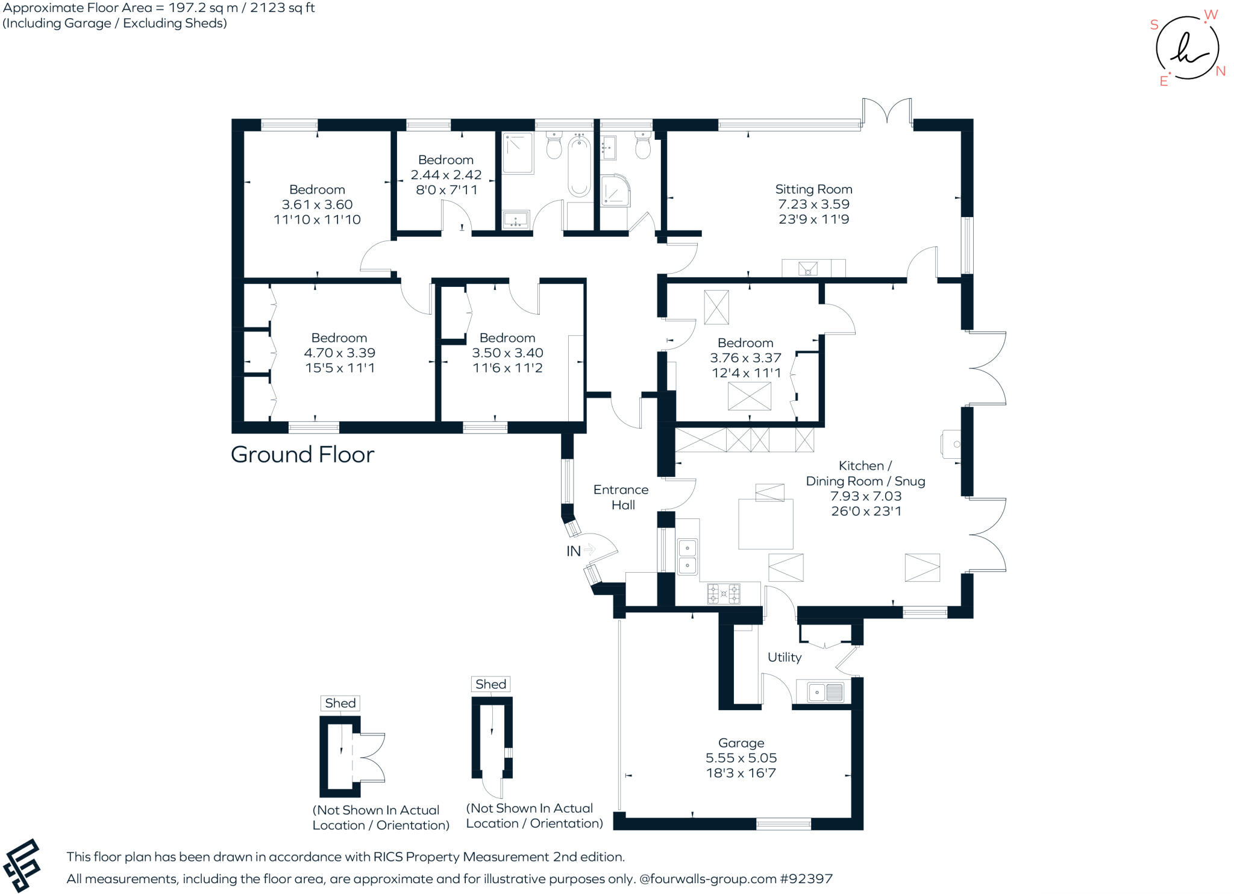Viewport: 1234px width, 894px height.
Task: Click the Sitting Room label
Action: click(x=813, y=189)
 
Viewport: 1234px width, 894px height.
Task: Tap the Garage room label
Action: click(x=741, y=743)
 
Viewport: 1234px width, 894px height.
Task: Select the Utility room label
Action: click(x=784, y=657)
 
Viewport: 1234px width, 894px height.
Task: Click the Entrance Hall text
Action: click(x=621, y=497)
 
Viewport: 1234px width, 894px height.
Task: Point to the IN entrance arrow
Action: click(x=589, y=549)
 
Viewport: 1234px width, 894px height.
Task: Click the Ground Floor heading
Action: click(x=302, y=455)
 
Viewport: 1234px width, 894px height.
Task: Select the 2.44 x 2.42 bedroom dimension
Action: click(x=446, y=175)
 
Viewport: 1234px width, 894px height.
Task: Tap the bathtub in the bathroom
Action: click(x=578, y=165)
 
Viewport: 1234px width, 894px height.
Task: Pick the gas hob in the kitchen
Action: click(x=724, y=593)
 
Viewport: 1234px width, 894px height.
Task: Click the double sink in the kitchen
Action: click(x=687, y=556)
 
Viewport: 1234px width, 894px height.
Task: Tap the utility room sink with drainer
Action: click(x=825, y=692)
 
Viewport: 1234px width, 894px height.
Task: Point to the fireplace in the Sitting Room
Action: click(x=807, y=268)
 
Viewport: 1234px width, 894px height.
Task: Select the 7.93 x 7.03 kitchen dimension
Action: click(x=866, y=496)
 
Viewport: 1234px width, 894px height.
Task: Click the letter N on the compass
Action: click(x=1220, y=71)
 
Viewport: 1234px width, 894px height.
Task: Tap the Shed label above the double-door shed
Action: click(x=340, y=703)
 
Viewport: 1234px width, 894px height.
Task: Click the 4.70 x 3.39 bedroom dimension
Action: click(x=339, y=353)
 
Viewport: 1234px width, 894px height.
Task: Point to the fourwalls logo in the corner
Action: click(x=22, y=866)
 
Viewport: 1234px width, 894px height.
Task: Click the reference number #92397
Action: click(x=806, y=879)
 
